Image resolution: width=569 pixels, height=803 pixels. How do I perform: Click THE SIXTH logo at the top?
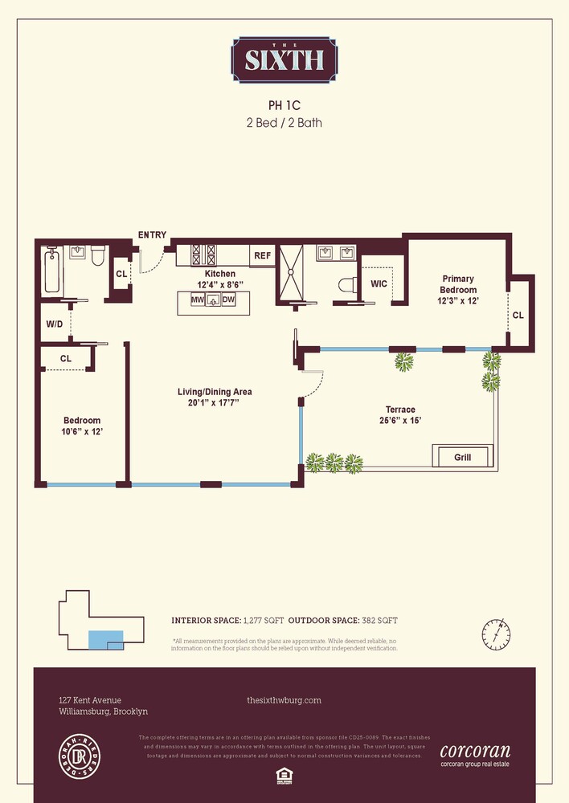tap(284, 60)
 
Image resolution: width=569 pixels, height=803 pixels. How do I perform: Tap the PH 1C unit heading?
tap(284, 105)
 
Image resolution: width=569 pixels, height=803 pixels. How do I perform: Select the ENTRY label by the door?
tap(152, 234)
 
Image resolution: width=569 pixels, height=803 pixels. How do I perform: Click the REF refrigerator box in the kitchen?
tap(262, 255)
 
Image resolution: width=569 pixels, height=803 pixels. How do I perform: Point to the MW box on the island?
tap(196, 300)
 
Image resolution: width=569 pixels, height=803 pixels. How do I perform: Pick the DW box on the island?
tap(228, 300)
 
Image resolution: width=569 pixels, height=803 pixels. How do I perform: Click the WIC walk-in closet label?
tap(379, 283)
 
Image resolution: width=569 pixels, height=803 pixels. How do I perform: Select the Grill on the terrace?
tap(462, 457)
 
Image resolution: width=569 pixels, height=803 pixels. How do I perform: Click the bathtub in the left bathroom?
tap(52, 270)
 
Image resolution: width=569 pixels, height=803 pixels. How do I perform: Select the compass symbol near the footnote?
tap(497, 635)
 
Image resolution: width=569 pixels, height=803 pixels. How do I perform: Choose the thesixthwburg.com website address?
tap(284, 700)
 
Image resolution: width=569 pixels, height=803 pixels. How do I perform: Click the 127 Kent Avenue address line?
tap(91, 700)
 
